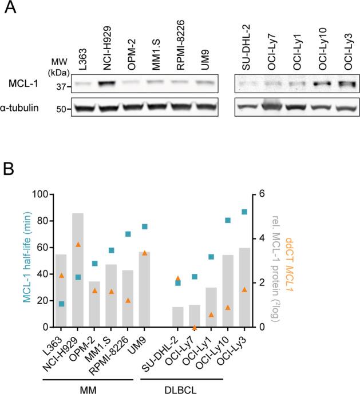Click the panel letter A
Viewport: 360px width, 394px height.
(10, 10)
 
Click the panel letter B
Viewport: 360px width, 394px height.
(10, 170)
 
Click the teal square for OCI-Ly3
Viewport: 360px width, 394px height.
(244, 212)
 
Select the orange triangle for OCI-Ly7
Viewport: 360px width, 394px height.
(195, 327)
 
